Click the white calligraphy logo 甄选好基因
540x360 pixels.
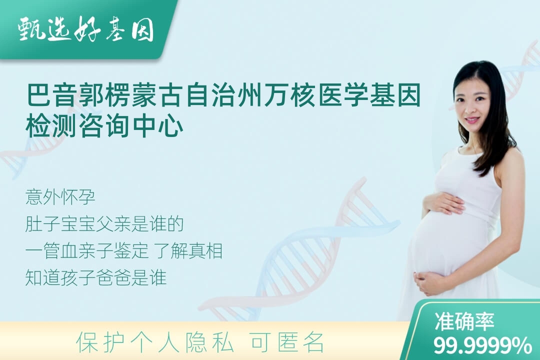(x=86, y=29)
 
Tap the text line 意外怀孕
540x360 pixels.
(x=60, y=197)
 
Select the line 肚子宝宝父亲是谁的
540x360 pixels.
(x=104, y=224)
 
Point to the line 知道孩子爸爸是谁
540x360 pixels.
(x=95, y=277)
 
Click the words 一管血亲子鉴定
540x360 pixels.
(x=87, y=251)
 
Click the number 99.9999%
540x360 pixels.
(x=482, y=345)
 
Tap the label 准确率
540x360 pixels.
(x=464, y=321)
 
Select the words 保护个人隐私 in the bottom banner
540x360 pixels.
(x=155, y=342)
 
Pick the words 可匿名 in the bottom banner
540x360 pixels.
(x=287, y=342)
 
